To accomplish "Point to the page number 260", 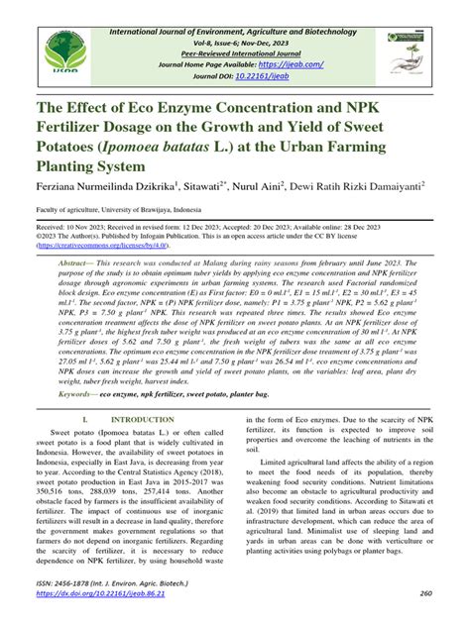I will pyautogui.click(x=426, y=593).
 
